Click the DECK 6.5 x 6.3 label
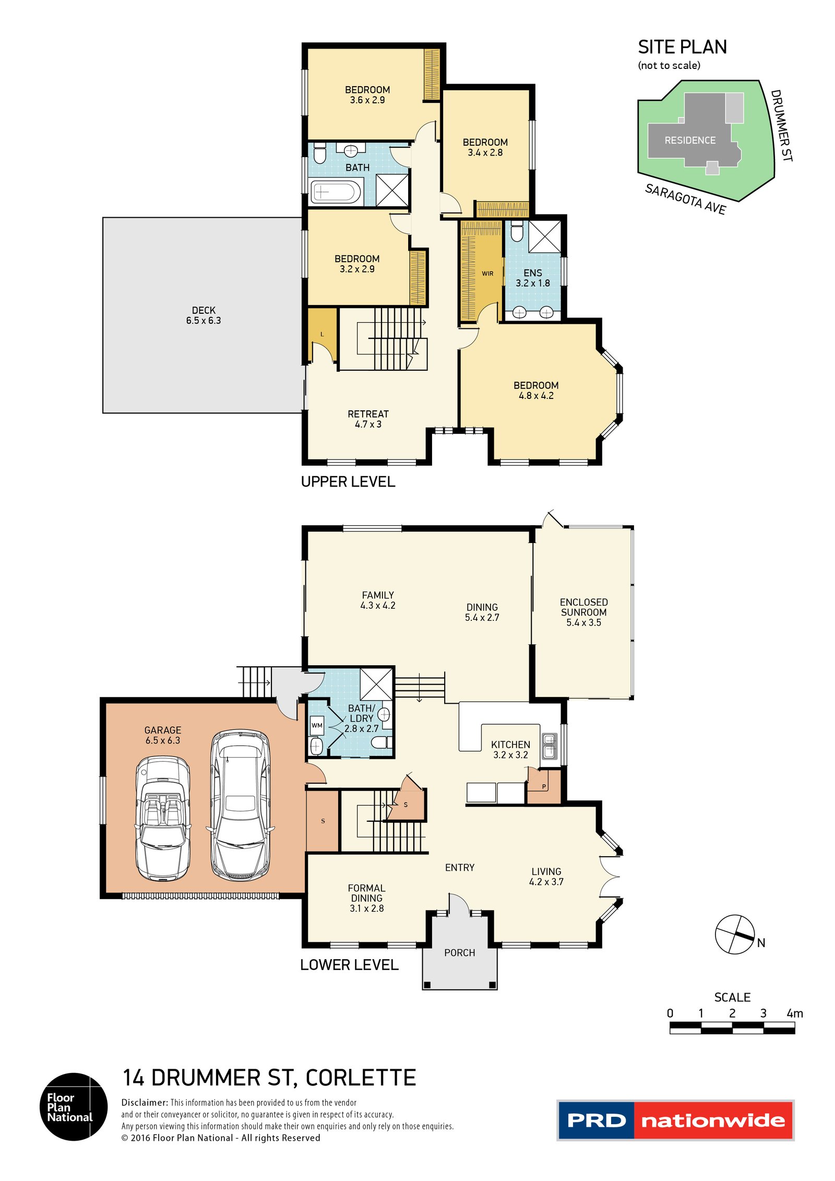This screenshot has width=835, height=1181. [x=204, y=315]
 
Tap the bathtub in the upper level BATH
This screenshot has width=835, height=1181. [x=336, y=192]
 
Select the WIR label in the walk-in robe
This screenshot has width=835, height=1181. [x=487, y=274]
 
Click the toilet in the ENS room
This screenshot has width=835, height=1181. [x=517, y=231]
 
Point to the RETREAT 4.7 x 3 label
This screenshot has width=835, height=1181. [x=368, y=419]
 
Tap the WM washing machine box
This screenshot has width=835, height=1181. [x=317, y=726]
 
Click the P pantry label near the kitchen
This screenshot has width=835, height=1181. [x=544, y=787]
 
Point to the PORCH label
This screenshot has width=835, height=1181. [x=459, y=953]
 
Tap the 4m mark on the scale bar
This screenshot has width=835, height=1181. [x=794, y=1013]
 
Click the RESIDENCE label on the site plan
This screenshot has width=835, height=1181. [x=690, y=140]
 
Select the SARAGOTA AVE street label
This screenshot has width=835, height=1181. [x=686, y=199]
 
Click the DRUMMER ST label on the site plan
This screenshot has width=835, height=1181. [x=782, y=125]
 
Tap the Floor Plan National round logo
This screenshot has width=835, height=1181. [x=74, y=1106]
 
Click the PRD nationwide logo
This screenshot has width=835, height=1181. [x=675, y=1120]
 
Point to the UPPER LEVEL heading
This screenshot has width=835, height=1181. [x=348, y=481]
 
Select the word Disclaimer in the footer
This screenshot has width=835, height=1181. [x=145, y=1103]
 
